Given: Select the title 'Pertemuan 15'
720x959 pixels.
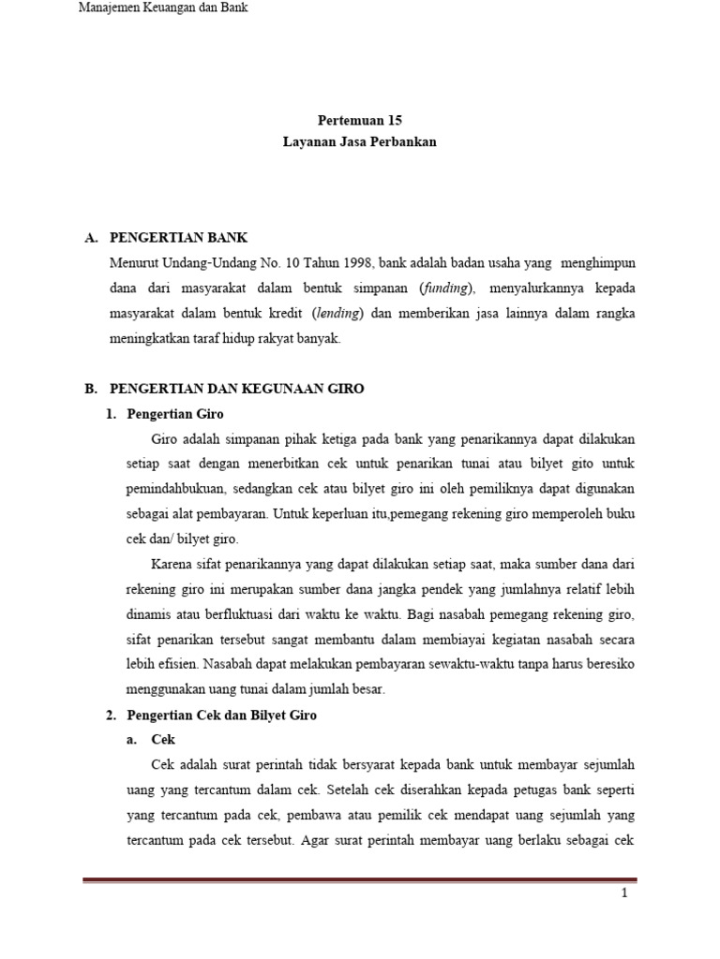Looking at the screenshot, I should point(361,121).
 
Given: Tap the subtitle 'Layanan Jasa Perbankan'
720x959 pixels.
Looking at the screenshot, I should point(361,143).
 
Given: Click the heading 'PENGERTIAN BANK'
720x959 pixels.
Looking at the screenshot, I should point(179,239).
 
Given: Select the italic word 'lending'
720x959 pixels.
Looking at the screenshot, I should point(339,314).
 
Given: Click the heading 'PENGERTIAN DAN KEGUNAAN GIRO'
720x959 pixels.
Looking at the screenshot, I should point(237,389).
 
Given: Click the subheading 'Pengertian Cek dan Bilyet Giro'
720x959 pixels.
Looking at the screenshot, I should point(222,716).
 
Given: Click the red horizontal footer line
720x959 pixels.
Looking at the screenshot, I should point(359,880).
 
